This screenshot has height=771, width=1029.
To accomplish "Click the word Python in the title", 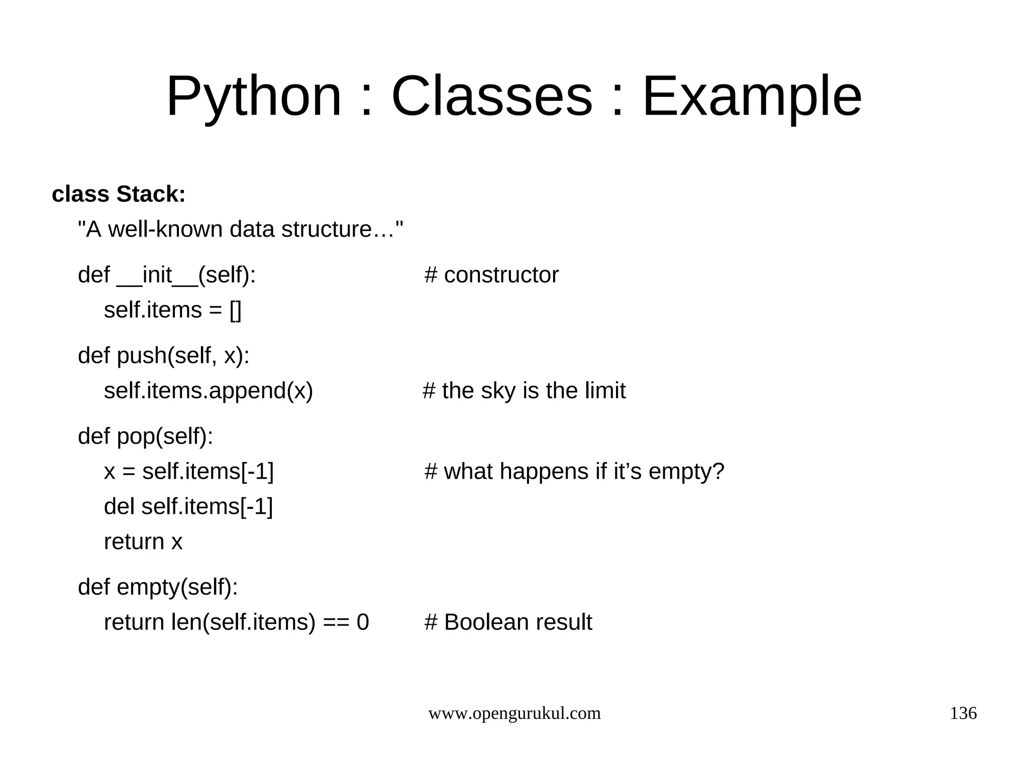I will [254, 96].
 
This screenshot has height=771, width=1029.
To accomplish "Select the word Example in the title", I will [752, 96].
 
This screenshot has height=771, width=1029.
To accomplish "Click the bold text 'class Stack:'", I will [119, 194].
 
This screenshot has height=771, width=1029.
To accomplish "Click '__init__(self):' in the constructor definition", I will [186, 275].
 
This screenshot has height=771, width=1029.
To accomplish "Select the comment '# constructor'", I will [491, 275].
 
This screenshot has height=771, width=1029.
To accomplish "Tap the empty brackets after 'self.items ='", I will [235, 310].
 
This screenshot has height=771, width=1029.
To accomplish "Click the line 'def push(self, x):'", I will [163, 356].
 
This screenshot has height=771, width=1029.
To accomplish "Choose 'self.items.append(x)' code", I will [208, 391].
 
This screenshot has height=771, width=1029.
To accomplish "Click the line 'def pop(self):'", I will [145, 436].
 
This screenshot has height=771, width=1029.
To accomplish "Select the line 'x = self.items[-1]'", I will [188, 472].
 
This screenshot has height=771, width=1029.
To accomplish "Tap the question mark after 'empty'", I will [718, 472].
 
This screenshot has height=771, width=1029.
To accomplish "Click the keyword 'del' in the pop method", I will [119, 506].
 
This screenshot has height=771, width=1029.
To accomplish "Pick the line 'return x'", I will [143, 541].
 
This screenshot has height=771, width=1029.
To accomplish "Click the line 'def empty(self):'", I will [158, 587].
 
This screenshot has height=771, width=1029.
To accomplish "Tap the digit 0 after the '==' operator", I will [363, 622].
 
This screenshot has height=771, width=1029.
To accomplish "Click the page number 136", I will [963, 713].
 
